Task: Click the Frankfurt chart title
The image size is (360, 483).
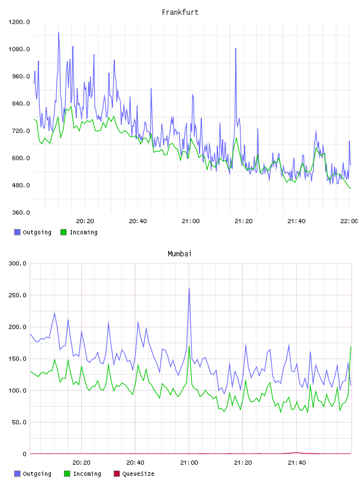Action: (x=180, y=12)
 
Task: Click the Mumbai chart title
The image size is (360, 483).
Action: (x=179, y=254)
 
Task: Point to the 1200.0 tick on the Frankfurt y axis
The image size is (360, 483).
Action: (x=19, y=22)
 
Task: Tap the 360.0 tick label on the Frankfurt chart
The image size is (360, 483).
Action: (x=21, y=212)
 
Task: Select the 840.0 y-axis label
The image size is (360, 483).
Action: (x=21, y=104)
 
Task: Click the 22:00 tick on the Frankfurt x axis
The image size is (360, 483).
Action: (x=349, y=221)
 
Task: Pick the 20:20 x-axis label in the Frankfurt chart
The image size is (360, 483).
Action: (x=85, y=221)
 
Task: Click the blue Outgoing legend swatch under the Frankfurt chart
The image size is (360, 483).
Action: (x=17, y=232)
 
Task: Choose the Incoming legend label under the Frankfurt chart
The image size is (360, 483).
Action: (x=83, y=232)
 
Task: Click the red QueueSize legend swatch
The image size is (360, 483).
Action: (x=117, y=474)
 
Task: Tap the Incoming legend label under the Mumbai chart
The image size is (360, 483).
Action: (x=87, y=474)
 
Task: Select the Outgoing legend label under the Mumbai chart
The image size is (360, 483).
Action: (x=37, y=474)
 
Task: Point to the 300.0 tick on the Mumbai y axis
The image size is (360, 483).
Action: (x=18, y=263)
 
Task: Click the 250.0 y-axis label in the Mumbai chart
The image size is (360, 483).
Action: (x=18, y=295)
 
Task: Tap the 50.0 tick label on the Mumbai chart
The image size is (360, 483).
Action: (x=19, y=422)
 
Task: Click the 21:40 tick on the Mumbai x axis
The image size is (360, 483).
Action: (x=297, y=463)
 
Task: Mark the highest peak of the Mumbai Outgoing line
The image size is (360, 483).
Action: (x=189, y=288)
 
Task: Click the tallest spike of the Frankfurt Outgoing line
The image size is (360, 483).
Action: (x=59, y=33)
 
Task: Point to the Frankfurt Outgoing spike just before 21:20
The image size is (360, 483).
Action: (x=236, y=49)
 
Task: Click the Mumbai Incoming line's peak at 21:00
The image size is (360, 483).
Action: (x=189, y=346)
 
